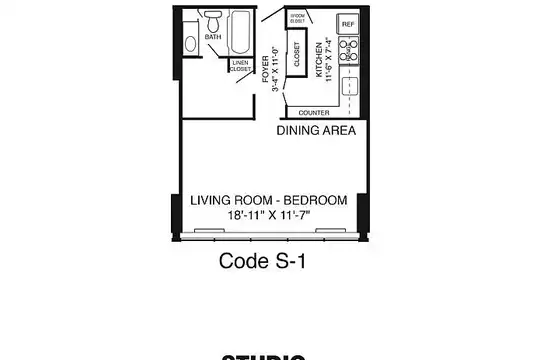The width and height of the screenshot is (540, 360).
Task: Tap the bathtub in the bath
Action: (x=241, y=32)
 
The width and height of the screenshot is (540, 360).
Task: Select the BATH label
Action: (x=213, y=37)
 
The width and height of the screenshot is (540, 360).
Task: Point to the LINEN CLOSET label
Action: (x=240, y=66)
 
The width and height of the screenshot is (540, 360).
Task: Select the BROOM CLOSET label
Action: (x=297, y=18)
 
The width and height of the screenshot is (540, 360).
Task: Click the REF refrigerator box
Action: (x=347, y=23)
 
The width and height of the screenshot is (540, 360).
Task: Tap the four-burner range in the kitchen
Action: (x=348, y=47)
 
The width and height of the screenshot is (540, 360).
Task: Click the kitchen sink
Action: (x=349, y=86)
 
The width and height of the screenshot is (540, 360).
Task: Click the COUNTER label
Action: (x=314, y=113)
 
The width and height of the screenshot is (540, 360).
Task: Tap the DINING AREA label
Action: (x=316, y=130)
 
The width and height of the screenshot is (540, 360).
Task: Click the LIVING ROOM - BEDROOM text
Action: (x=269, y=200)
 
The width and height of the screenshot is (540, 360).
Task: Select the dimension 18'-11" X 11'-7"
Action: (x=269, y=214)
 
